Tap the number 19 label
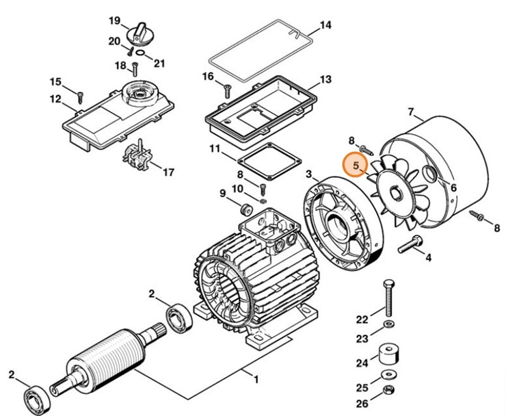114,21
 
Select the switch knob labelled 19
142,30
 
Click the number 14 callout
325,26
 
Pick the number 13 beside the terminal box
325,80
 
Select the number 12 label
55,99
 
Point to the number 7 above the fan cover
411,112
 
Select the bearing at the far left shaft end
35,397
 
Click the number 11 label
214,149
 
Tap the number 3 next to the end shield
309,175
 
